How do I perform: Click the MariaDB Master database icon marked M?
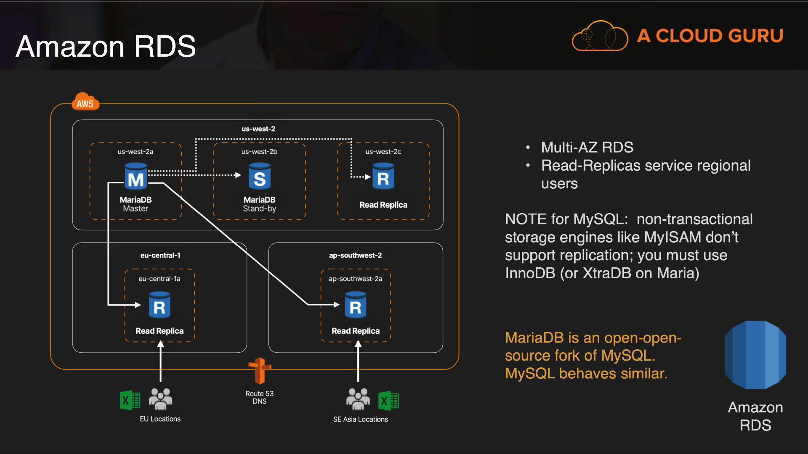[x=136, y=177]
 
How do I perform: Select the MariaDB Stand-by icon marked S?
[x=259, y=177]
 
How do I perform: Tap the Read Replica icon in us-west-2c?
[x=383, y=177]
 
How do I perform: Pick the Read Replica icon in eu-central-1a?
[x=159, y=306]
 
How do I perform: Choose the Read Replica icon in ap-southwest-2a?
[x=356, y=306]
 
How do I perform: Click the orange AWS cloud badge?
[x=85, y=102]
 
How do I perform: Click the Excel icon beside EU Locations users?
[x=130, y=400]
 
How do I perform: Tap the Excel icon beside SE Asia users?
[x=388, y=400]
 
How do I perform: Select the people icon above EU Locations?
[x=160, y=399]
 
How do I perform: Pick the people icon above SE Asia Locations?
[x=358, y=399]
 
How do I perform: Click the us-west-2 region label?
[x=258, y=129]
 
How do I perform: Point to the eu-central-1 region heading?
[x=160, y=255]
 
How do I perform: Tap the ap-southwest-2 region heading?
[x=355, y=255]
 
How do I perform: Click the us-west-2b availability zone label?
[x=259, y=152]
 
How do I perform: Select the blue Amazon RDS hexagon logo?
[x=755, y=355]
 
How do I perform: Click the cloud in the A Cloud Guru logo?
[x=600, y=37]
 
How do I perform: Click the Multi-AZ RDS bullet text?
[x=587, y=148]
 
